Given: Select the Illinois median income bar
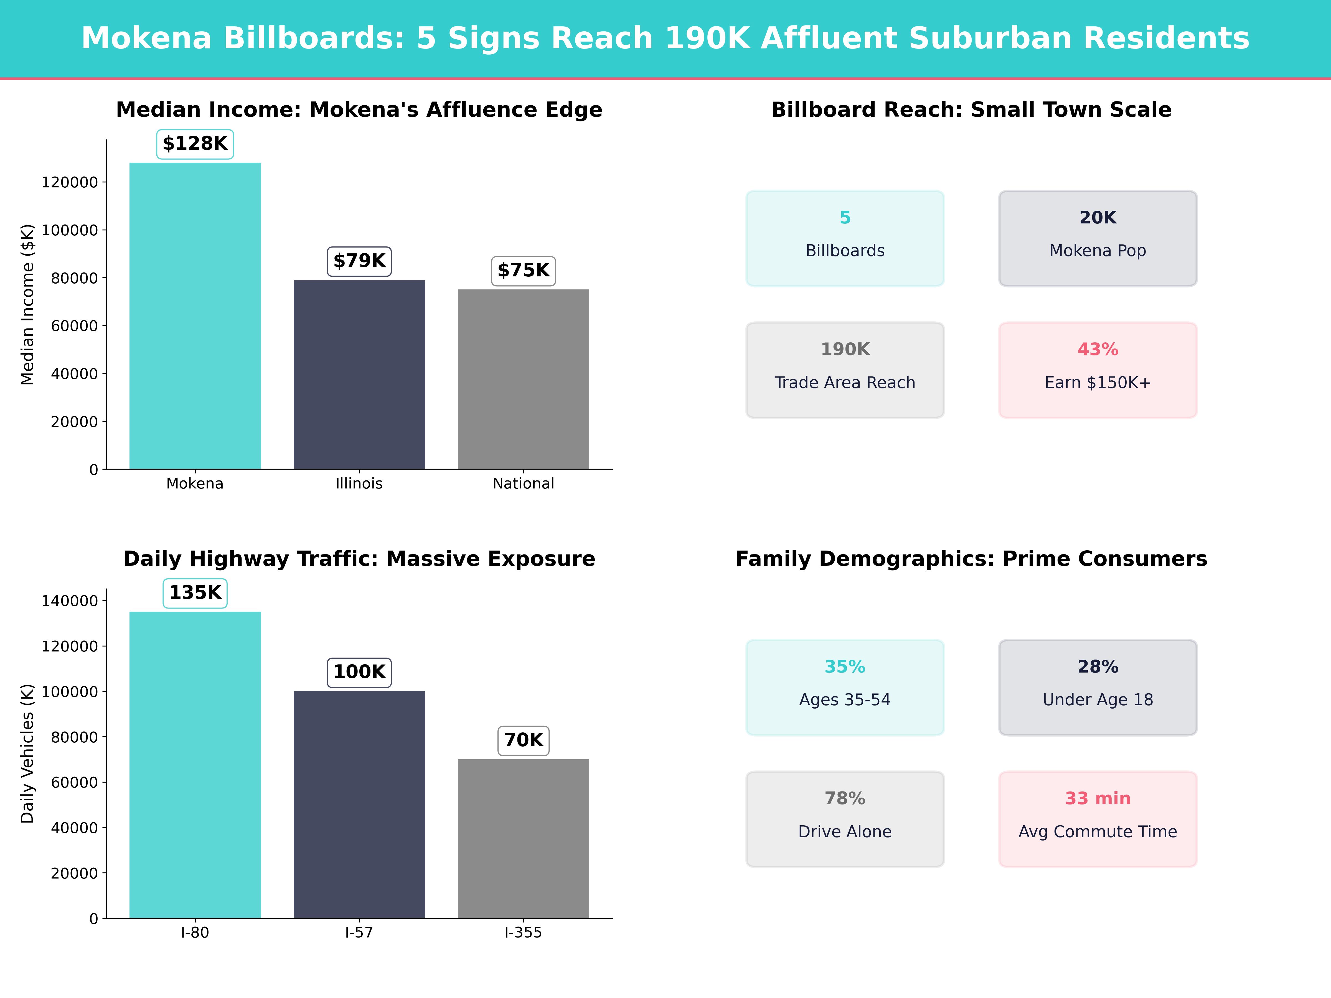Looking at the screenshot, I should coord(359,374).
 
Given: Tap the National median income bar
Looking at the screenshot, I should coord(524,379).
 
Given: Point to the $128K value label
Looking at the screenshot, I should coord(195,144).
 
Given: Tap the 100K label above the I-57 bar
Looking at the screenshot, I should coord(359,672).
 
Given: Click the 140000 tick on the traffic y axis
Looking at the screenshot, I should coord(69,601).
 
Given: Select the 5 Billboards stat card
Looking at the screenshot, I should coord(845,238).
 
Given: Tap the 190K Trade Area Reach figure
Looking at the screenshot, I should coord(845,350).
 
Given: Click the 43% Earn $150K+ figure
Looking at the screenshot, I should coord(1098,350).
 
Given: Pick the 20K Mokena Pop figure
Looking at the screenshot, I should coord(1098,218).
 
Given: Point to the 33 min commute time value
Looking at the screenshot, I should coord(1098,799).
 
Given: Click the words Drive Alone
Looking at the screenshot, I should coord(845,832).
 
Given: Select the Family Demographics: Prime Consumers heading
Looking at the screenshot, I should coord(971,559).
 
